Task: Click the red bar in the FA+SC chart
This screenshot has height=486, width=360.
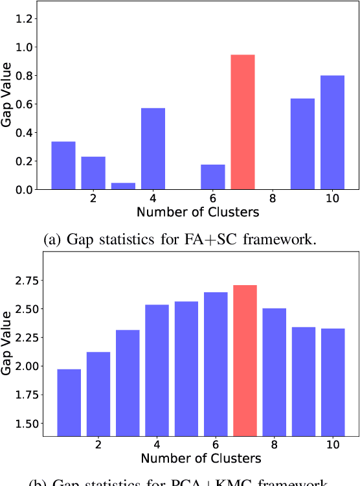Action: (x=243, y=122)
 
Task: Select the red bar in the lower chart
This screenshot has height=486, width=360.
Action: (x=245, y=360)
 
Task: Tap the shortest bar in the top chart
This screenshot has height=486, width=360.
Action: (x=123, y=186)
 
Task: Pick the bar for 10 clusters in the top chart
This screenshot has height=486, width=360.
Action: (x=332, y=132)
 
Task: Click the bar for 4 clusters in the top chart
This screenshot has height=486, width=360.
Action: (x=153, y=148)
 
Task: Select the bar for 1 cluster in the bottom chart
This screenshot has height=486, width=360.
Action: (x=69, y=402)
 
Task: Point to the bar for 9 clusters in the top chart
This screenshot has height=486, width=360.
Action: (x=302, y=144)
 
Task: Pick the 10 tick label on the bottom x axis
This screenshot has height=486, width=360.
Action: (x=332, y=446)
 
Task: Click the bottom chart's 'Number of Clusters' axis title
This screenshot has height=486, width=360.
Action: (x=200, y=459)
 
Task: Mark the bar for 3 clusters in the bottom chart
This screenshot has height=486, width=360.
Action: (x=128, y=383)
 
